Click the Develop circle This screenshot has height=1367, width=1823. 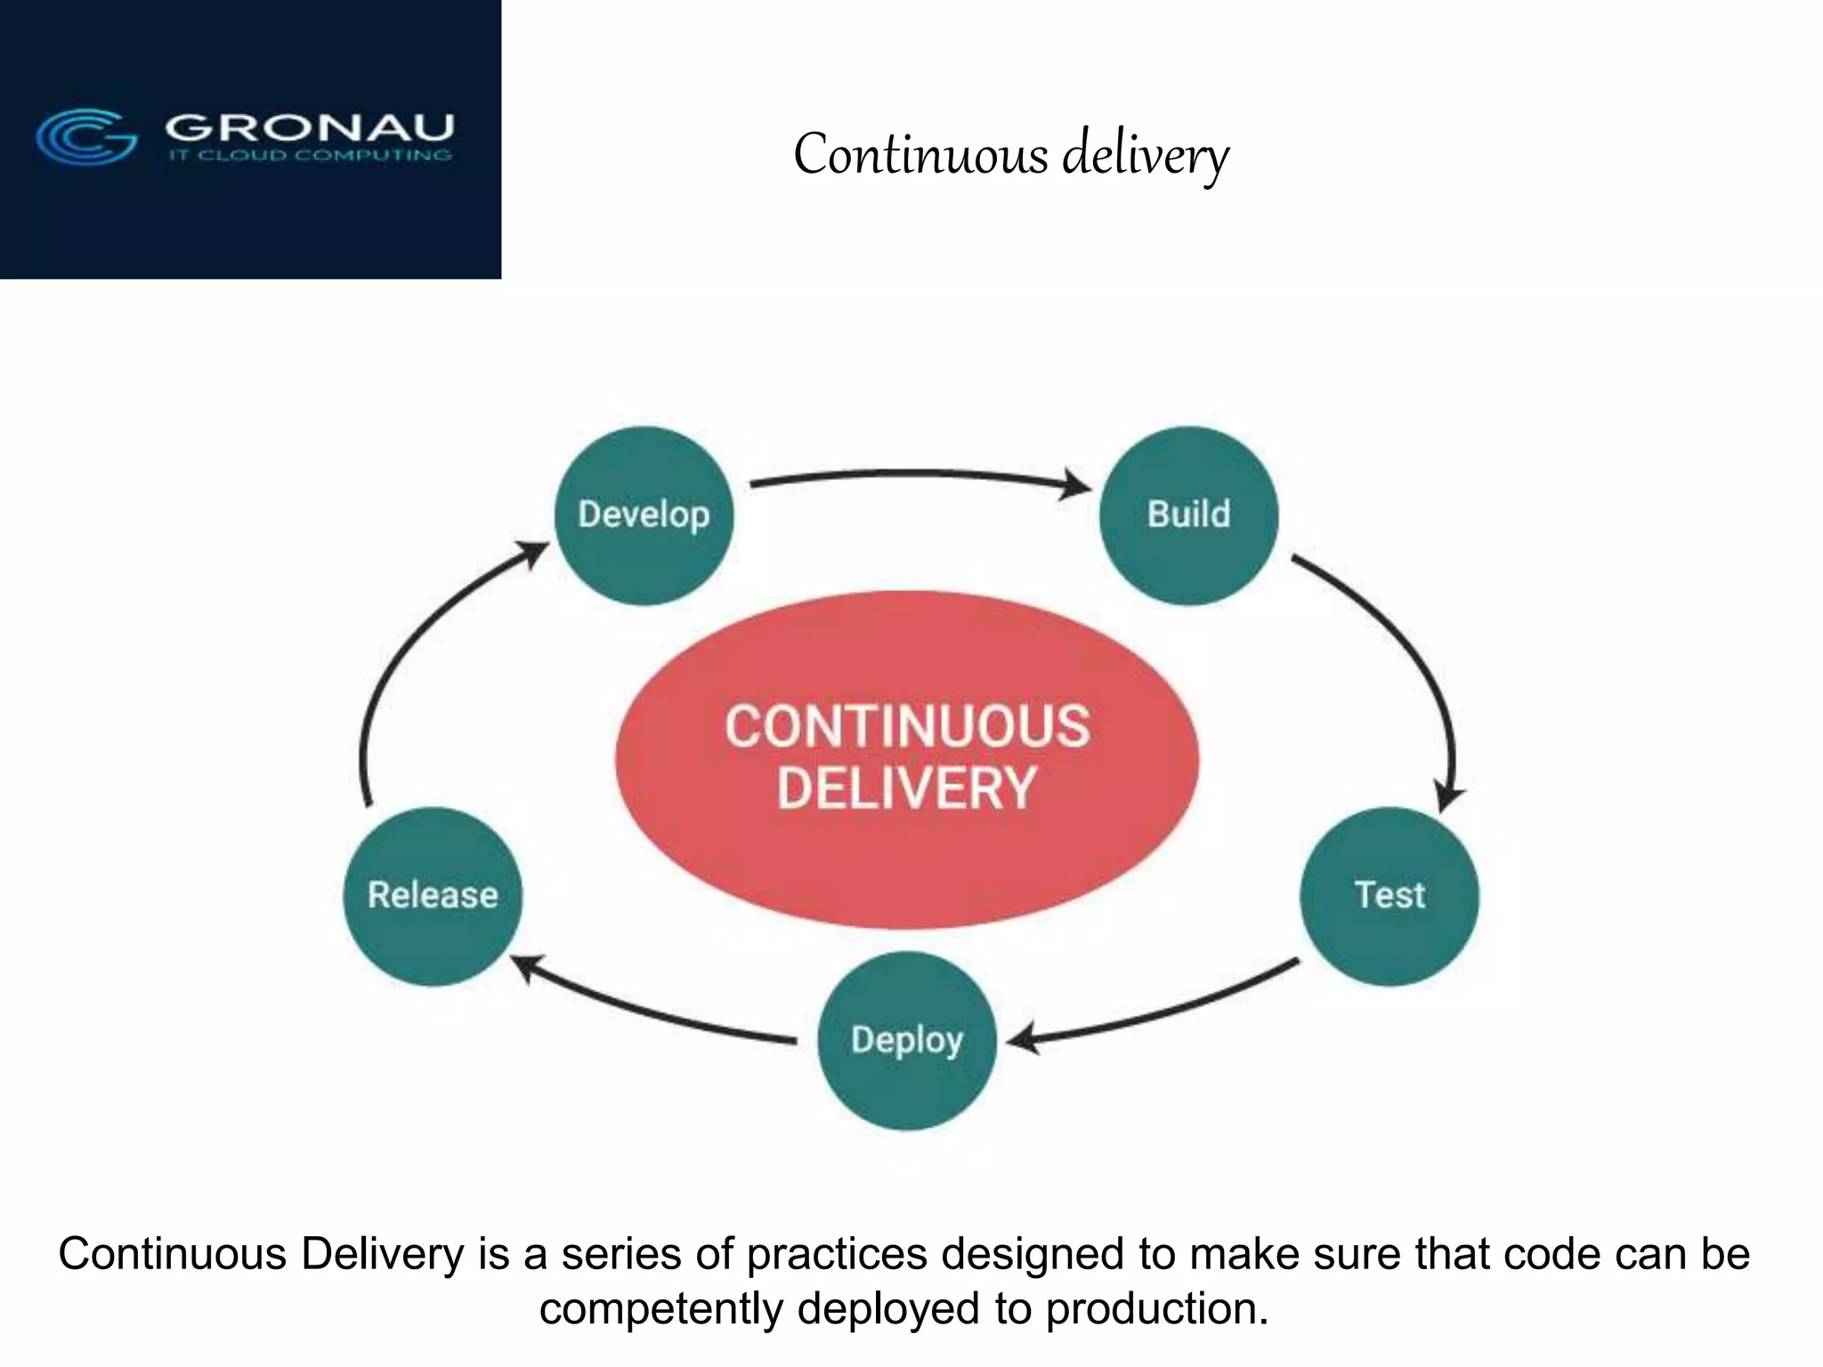pos(644,515)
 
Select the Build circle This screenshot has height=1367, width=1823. pos(1188,515)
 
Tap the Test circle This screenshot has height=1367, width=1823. pos(1389,895)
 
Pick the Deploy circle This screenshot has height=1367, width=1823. pos(906,1040)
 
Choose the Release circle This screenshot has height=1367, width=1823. pos(433,895)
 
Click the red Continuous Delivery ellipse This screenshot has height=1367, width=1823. pos(906,854)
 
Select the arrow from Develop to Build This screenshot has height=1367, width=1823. pos(917,474)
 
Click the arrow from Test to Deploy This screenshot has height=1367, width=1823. pos(1166,1015)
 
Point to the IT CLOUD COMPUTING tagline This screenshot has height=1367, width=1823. pos(310,155)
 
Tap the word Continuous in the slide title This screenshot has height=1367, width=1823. pos(920,155)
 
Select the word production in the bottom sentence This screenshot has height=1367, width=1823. pos(1156,1309)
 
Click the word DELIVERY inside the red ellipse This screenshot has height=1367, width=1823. pos(906,789)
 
